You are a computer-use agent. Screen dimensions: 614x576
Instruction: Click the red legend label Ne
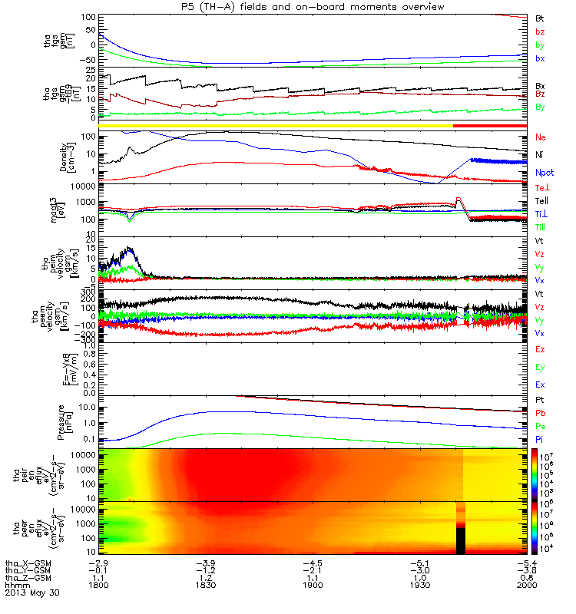pos(540,137)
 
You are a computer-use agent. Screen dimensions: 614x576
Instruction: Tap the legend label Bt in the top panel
pos(540,17)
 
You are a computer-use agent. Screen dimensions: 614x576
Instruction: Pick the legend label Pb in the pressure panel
pos(540,414)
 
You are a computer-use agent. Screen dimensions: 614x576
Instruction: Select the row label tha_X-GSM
pos(28,562)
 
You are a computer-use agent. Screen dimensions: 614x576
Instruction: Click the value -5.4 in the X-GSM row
pos(530,562)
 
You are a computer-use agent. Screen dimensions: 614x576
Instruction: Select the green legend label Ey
pos(540,368)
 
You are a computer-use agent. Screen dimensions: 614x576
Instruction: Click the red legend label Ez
pos(540,350)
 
